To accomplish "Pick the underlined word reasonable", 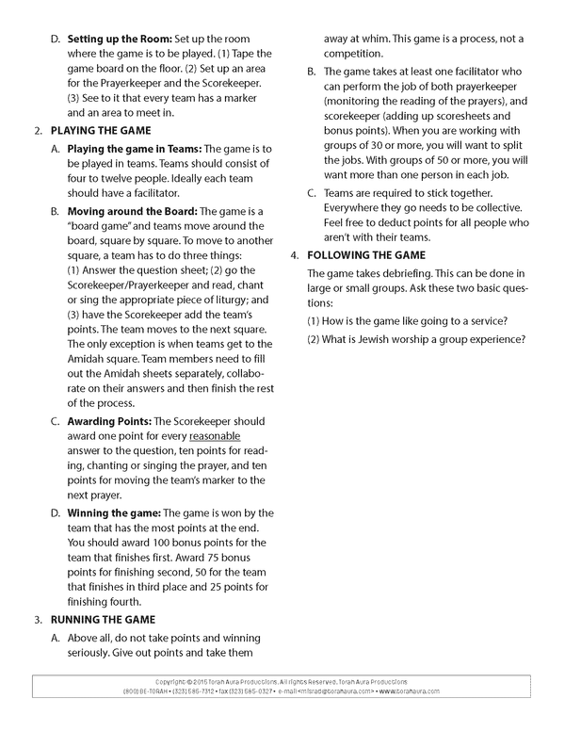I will (215, 436).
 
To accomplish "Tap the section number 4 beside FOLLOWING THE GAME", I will (294, 255).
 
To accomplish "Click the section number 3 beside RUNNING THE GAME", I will (37, 619).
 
